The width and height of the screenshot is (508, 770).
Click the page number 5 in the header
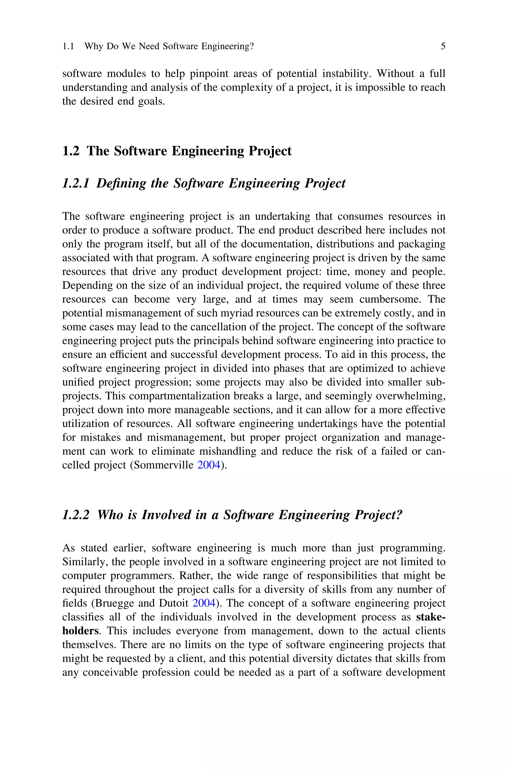pos(443,46)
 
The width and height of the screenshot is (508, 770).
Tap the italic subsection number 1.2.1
pos(75,183)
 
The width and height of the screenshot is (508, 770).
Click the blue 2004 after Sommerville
pos(209,465)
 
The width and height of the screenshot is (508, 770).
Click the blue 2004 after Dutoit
pos(204,603)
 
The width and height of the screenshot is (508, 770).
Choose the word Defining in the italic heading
pos(121,183)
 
